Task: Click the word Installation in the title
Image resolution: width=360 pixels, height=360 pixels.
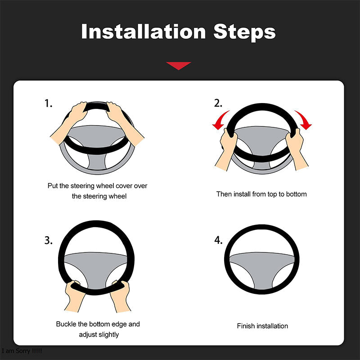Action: tap(143, 32)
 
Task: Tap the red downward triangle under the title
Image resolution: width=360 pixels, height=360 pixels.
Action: tap(179, 66)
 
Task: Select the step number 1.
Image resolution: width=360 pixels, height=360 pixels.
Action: tap(48, 103)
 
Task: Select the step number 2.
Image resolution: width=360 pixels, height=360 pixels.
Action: tap(218, 103)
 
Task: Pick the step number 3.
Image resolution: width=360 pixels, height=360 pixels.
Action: tap(48, 240)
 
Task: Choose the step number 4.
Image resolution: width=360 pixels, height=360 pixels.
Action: tap(218, 240)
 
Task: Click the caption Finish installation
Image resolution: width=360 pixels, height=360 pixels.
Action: tap(262, 326)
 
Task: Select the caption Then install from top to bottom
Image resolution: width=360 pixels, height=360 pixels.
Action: tap(261, 194)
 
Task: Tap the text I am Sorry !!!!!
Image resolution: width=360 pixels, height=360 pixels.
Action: tap(22, 351)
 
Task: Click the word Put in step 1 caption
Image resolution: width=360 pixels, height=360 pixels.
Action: tap(53, 185)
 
